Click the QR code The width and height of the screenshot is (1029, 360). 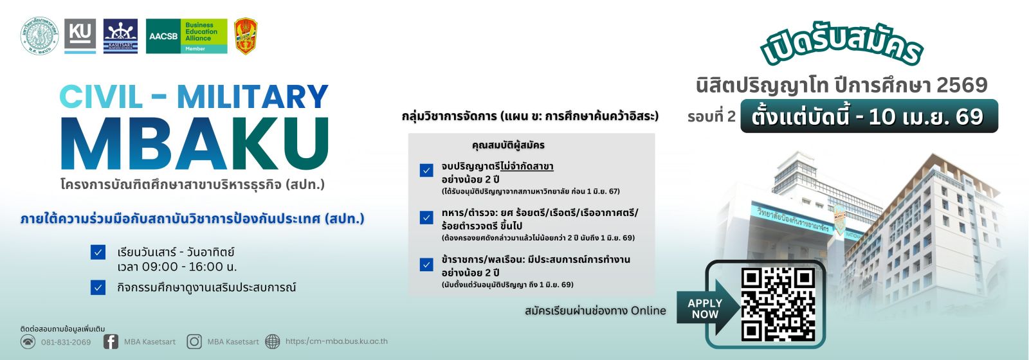pos(778,304)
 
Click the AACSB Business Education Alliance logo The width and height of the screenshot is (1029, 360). pos(187,36)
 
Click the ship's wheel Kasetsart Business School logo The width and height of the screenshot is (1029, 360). pos(120,36)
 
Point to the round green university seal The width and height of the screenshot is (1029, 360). pos(40,35)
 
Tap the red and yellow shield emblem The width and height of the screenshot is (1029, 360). pos(246,36)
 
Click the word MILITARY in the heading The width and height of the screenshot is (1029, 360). pos(253,97)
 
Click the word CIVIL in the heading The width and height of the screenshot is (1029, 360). pos(101,97)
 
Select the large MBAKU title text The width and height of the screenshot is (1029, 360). pos(195,145)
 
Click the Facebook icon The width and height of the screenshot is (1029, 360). pos(111,341)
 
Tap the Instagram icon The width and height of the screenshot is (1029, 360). pos(194,341)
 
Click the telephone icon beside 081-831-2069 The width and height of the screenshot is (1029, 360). pos(28,341)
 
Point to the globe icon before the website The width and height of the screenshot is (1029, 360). pos(273,341)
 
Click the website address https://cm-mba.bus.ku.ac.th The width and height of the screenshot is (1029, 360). pos(336,341)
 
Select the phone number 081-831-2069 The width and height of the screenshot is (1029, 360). pos(66,342)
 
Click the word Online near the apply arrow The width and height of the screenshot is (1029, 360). pos(648,310)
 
